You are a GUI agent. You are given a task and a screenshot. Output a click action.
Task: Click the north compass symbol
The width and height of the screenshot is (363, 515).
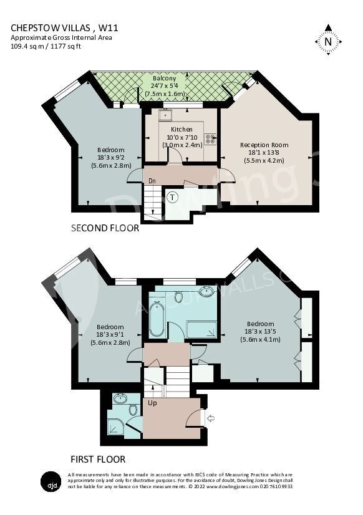(x=328, y=41)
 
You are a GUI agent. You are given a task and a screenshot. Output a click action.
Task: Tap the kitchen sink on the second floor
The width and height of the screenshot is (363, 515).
(x=166, y=115)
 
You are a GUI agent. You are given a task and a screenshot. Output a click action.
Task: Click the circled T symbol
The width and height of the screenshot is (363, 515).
(x=172, y=197)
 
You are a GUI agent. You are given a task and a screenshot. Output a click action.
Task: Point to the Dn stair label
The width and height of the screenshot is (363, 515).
(x=152, y=181)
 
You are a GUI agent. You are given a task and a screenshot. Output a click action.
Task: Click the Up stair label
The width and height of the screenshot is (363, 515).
(x=152, y=403)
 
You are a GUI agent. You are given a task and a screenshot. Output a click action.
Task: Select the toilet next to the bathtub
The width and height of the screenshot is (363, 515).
(x=178, y=297)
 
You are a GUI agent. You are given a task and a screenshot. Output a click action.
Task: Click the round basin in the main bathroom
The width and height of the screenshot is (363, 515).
(x=205, y=291)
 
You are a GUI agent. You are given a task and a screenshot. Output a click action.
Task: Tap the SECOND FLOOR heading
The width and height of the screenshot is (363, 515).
(x=105, y=229)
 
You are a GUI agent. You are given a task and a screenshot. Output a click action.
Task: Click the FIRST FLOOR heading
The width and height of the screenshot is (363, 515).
(x=98, y=460)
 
